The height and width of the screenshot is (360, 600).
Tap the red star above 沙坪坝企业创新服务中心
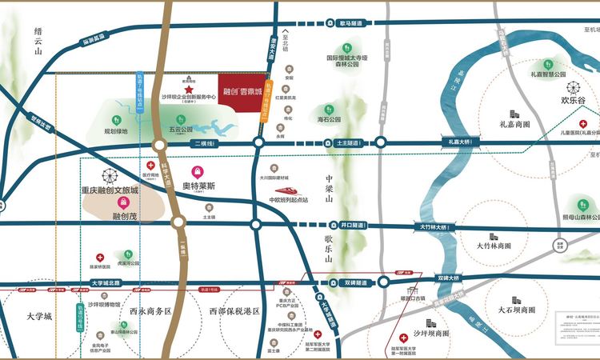(x=189, y=70)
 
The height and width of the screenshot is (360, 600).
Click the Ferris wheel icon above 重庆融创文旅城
(x=109, y=177)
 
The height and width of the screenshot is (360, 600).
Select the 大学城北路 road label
(x=105, y=282)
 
